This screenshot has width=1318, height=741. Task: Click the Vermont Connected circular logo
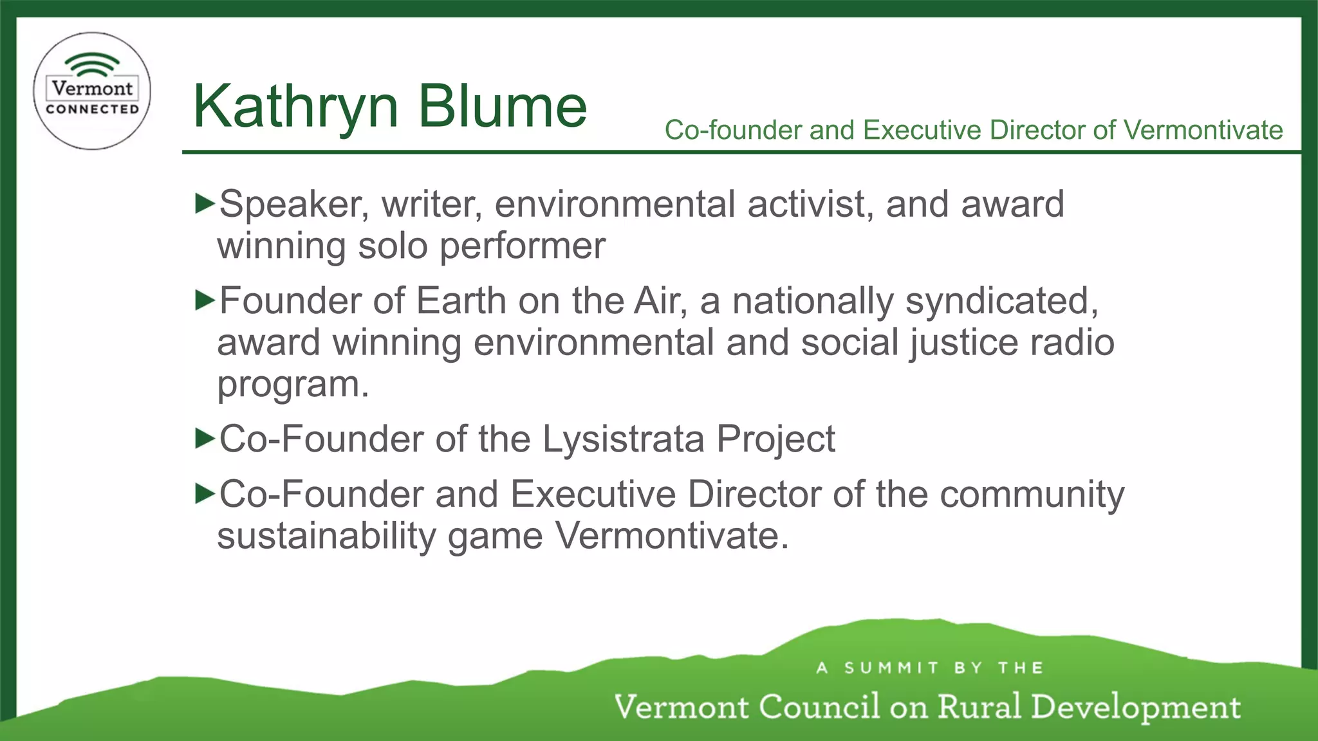click(x=92, y=91)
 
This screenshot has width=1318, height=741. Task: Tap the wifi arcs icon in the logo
click(x=92, y=65)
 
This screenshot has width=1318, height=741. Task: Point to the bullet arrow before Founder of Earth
click(x=204, y=300)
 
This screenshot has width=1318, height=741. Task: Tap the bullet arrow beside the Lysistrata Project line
click(x=204, y=439)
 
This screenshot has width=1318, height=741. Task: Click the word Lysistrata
click(x=623, y=440)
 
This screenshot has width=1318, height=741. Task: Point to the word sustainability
click(x=326, y=536)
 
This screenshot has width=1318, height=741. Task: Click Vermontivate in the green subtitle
click(x=1203, y=130)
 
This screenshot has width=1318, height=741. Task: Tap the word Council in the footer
click(x=819, y=706)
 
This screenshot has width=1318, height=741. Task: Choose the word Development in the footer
click(x=1135, y=708)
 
